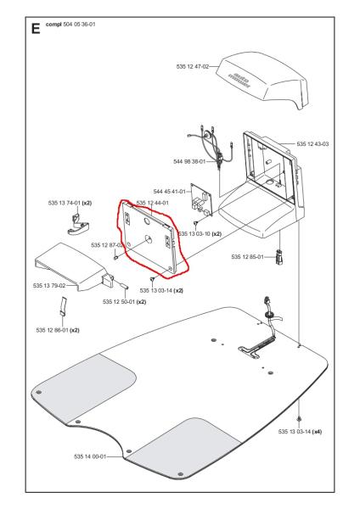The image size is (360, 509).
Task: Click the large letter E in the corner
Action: pyautogui.click(x=36, y=29)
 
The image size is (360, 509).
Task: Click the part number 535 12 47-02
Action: pyautogui.click(x=193, y=66)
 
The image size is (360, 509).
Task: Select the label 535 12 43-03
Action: pyautogui.click(x=312, y=144)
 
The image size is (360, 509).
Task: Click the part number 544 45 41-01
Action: pyautogui.click(x=169, y=192)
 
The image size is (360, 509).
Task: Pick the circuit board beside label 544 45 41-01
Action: pyautogui.click(x=201, y=200)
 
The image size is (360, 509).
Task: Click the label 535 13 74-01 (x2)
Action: pyautogui.click(x=70, y=204)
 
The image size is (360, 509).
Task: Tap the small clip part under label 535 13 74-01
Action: pyautogui.click(x=78, y=224)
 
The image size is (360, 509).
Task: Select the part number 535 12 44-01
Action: pyautogui.click(x=152, y=204)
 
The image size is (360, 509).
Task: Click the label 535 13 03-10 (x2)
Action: pyautogui.click(x=200, y=234)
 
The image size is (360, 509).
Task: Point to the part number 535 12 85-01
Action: pyautogui.click(x=248, y=257)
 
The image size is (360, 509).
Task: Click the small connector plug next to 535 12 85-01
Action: pyautogui.click(x=279, y=257)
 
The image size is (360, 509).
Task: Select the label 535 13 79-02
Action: pyautogui.click(x=49, y=286)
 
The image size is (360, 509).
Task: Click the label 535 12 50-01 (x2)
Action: pyautogui.click(x=125, y=302)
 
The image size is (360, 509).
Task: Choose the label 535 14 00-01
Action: pyautogui.click(x=90, y=456)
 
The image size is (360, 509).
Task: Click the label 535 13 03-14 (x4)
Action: pyautogui.click(x=300, y=432)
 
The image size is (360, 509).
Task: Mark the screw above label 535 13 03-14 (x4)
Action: pyautogui.click(x=299, y=418)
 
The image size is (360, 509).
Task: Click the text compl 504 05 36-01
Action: pyautogui.click(x=70, y=25)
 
